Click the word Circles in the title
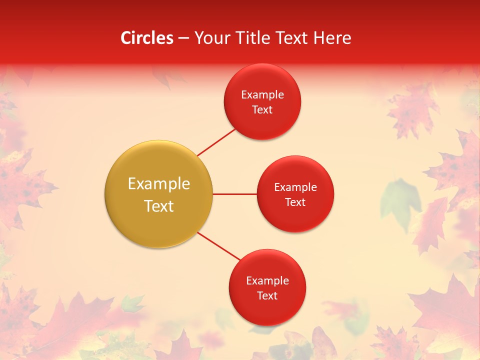point(146,38)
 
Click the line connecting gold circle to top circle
point(216,142)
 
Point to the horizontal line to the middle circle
point(234,194)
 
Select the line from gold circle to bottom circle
point(218,245)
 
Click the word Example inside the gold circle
point(159,184)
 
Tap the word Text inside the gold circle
point(159,206)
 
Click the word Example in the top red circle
point(262,95)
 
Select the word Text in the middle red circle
point(295,202)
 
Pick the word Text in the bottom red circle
point(267,295)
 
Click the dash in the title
point(183,38)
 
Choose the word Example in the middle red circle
point(295,187)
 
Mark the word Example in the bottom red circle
point(267,281)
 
